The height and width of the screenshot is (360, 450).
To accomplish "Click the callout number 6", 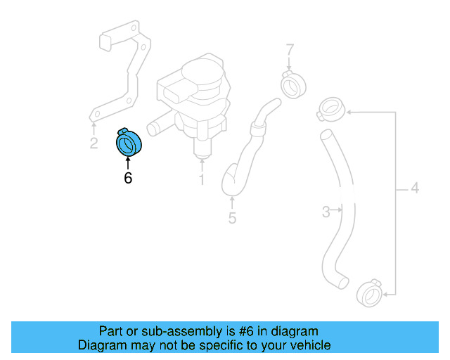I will (x=128, y=178).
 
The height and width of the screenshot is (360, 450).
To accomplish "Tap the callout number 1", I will (x=201, y=181).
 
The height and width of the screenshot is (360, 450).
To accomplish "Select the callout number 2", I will (x=94, y=144).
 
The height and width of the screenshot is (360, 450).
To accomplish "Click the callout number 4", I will (x=414, y=188).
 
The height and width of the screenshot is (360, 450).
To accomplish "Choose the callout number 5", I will (x=232, y=218).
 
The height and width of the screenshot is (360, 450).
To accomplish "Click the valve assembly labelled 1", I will (x=197, y=98).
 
